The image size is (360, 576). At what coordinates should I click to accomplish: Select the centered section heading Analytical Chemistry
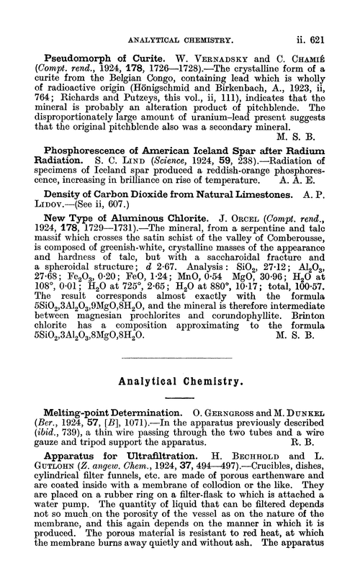tap(180, 373)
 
